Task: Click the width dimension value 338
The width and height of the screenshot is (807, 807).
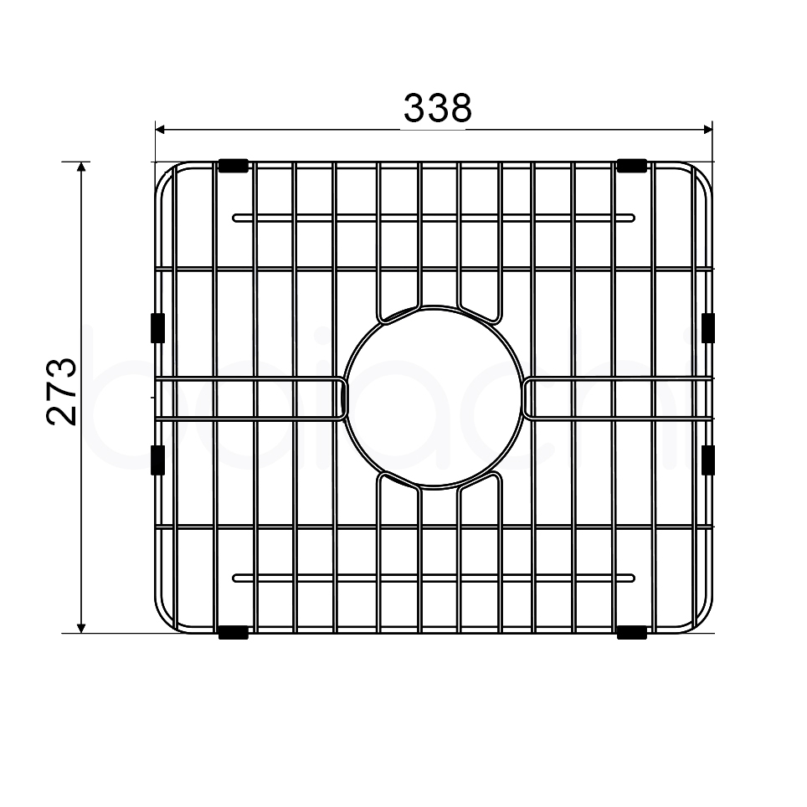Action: [438, 108]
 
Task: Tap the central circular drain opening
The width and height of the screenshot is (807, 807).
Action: [434, 397]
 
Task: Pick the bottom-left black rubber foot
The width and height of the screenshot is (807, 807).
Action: [233, 633]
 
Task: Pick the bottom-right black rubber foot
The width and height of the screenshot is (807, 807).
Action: [632, 633]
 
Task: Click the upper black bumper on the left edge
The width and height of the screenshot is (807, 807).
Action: [156, 327]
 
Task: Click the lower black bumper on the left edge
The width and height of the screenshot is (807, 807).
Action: [156, 460]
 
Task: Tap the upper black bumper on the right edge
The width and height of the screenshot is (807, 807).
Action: [708, 327]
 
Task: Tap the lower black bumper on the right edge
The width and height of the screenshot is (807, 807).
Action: [708, 460]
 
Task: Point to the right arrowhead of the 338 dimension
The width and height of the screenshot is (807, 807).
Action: [707, 130]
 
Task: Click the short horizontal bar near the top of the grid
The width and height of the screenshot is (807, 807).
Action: [434, 218]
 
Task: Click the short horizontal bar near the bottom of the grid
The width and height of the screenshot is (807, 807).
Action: [434, 578]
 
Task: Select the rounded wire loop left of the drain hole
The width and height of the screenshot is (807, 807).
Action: [251, 398]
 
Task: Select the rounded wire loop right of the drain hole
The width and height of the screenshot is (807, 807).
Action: [615, 398]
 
